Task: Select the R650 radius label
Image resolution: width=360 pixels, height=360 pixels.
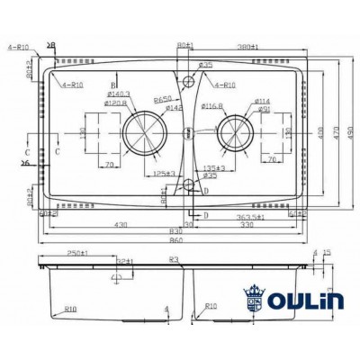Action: (163, 98)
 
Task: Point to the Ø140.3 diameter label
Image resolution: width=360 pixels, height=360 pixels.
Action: (118, 94)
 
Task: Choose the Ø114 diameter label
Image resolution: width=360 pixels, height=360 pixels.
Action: (262, 100)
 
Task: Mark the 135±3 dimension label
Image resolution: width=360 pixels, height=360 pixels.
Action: (213, 167)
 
